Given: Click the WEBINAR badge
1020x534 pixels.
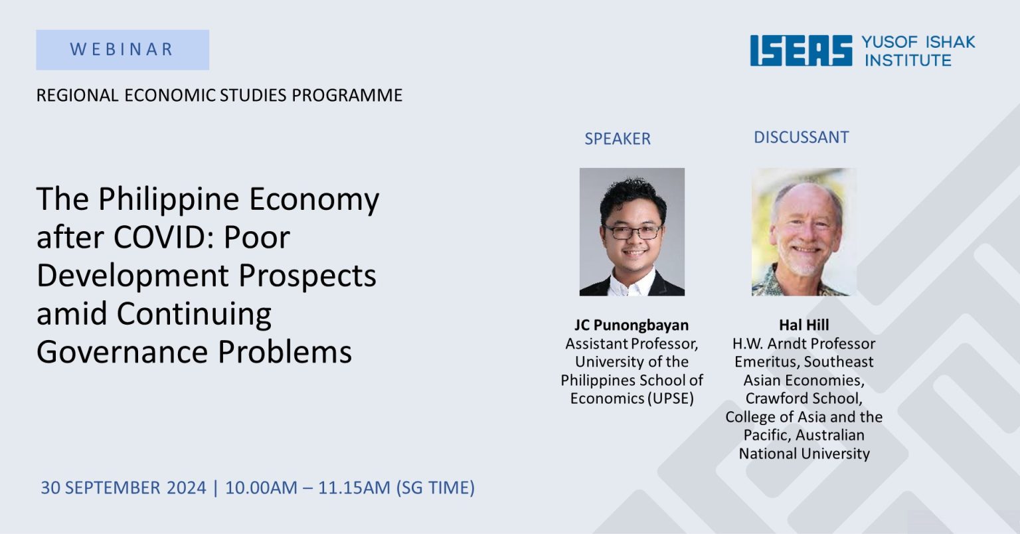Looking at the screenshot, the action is [x=122, y=50].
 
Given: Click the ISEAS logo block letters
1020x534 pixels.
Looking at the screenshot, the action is [x=801, y=50].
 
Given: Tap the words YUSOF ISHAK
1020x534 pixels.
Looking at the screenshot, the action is [x=918, y=42].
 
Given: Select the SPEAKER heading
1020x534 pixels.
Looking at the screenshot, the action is [x=618, y=139].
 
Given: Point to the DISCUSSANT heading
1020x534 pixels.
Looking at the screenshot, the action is [x=802, y=137].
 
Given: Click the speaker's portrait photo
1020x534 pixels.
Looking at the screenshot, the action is [x=632, y=232].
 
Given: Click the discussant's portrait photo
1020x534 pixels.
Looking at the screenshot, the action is [x=804, y=232].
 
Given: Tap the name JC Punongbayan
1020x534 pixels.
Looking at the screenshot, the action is [x=632, y=325].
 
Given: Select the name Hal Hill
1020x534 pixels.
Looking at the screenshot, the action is [x=804, y=325].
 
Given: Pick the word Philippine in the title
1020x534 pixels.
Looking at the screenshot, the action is [x=169, y=200].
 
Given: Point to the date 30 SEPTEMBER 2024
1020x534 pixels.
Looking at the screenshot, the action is [x=124, y=488].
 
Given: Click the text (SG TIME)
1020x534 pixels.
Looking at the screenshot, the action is [x=436, y=488].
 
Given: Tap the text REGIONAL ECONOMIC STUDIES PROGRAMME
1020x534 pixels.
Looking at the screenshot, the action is [x=220, y=95].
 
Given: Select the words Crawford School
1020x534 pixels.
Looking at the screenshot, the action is [x=804, y=399].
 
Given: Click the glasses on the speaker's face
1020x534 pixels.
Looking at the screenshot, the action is [x=634, y=232].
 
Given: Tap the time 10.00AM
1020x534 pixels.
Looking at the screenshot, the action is [x=261, y=488].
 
